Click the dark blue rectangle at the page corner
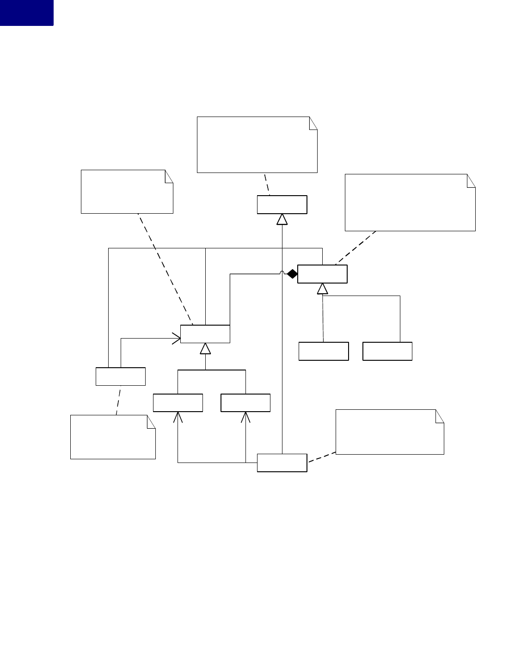pyautogui.click(x=26, y=12)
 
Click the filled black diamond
pyautogui.click(x=292, y=274)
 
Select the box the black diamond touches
pyautogui.click(x=322, y=274)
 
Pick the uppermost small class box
pyautogui.click(x=282, y=204)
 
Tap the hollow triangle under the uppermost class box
pyautogui.click(x=282, y=219)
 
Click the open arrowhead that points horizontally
pyautogui.click(x=176, y=338)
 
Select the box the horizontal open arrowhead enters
pyautogui.click(x=205, y=334)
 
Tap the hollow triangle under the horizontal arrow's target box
pyautogui.click(x=205, y=349)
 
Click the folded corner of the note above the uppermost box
pyautogui.click(x=313, y=122)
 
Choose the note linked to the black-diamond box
pyautogui.click(x=410, y=202)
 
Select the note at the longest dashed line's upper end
pyautogui.click(x=127, y=191)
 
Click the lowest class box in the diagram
pyautogui.click(x=282, y=463)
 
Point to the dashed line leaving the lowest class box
pyautogui.click(x=321, y=457)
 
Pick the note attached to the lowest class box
pyautogui.click(x=389, y=432)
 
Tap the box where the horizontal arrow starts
pyautogui.click(x=120, y=376)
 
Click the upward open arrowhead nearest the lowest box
pyautogui.click(x=245, y=417)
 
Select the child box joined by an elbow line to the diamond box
pyautogui.click(x=387, y=351)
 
